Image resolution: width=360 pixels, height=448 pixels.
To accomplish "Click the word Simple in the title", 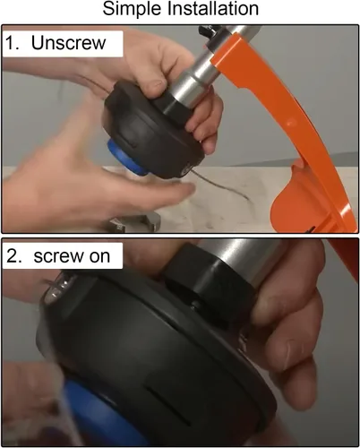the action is (x=133, y=10).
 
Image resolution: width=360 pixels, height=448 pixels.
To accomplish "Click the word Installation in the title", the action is (x=213, y=8).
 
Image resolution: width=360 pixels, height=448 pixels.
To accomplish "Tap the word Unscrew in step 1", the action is (x=68, y=43).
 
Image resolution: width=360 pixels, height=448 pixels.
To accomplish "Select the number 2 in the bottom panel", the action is (x=12, y=256).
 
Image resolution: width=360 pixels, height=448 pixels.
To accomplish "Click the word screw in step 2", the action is (x=59, y=257).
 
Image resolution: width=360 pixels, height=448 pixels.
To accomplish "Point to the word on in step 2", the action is (x=99, y=257).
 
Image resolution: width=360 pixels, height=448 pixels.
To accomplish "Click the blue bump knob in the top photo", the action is (x=124, y=158).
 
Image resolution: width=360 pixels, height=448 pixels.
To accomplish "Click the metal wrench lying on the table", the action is (x=133, y=223).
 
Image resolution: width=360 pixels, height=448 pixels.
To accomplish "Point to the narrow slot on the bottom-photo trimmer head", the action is (x=169, y=407).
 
